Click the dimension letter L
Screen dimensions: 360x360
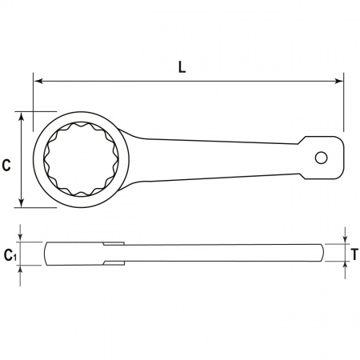(x=182, y=67)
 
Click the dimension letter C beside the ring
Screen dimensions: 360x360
(x=6, y=165)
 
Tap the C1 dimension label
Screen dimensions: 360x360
(x=10, y=255)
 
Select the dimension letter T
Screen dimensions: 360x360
(x=354, y=254)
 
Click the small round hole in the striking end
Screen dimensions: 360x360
(x=321, y=158)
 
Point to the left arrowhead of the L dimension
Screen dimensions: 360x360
(x=38, y=81)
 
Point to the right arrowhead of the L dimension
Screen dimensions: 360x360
(x=338, y=81)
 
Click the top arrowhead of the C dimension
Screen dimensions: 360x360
(x=22, y=117)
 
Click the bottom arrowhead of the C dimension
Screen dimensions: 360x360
(x=22, y=202)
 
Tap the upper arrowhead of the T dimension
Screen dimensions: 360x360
(x=345, y=239)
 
